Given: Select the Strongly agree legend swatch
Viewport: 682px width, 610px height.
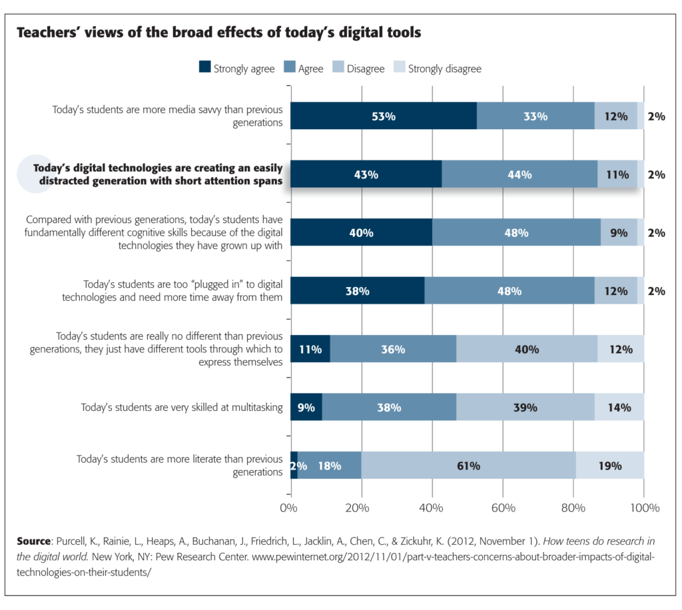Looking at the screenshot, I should tap(205, 68).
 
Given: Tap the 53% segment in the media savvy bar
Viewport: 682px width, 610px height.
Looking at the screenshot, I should tap(384, 116).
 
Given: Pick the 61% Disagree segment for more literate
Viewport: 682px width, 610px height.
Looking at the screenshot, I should tap(468, 465).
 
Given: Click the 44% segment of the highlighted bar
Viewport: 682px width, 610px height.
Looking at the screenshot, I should tap(519, 174).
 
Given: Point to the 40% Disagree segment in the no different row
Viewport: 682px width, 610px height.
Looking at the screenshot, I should tap(527, 349).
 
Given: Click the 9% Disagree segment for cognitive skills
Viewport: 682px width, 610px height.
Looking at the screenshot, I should tap(618, 232).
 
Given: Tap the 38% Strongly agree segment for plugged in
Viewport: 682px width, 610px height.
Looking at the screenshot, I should tap(358, 291).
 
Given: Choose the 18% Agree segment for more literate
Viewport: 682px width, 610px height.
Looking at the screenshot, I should tap(329, 465).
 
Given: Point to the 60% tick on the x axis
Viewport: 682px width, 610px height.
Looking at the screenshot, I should tap(503, 508).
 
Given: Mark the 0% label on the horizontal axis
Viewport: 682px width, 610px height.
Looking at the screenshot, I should tap(288, 508).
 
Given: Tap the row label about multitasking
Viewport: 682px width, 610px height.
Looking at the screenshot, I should tap(181, 407).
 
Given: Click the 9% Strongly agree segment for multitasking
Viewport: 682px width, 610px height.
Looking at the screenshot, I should tap(306, 407).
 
